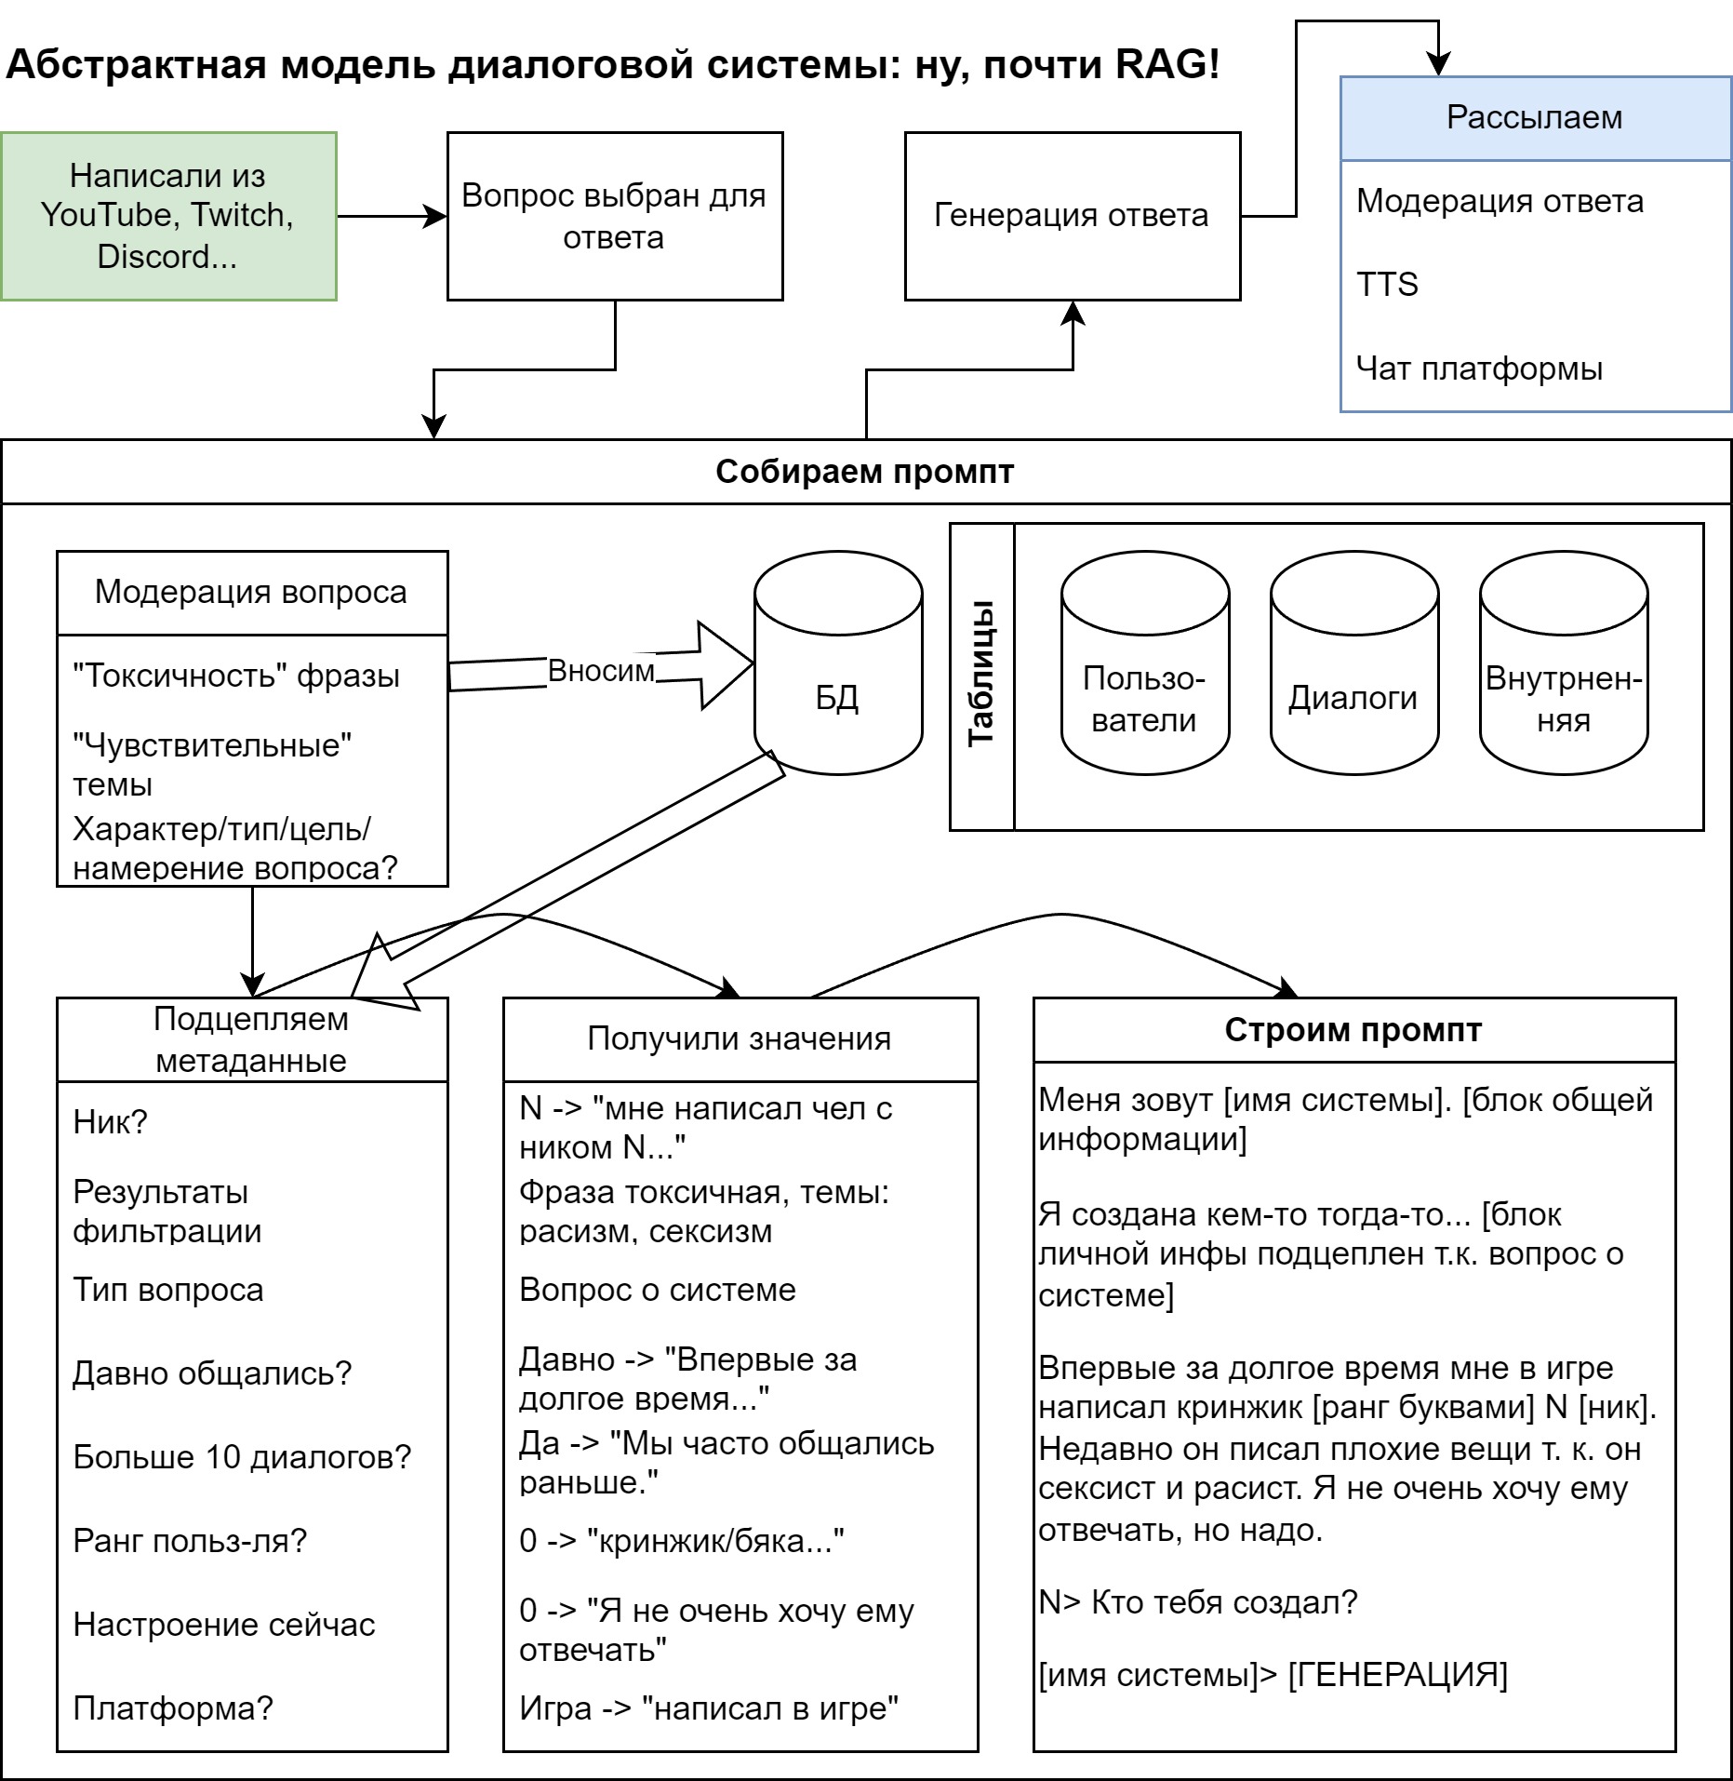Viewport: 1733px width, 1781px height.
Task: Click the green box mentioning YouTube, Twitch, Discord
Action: (168, 216)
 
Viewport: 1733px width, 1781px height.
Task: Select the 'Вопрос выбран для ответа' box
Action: (614, 216)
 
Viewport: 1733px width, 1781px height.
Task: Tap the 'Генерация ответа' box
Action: (1072, 216)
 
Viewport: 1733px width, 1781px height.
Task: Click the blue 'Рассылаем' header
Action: (1534, 118)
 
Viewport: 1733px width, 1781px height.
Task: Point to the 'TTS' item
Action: (1387, 284)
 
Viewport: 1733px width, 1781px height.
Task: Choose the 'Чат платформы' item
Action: (1479, 368)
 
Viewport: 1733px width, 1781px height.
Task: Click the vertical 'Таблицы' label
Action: (982, 674)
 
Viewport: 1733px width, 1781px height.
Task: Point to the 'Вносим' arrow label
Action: (601, 671)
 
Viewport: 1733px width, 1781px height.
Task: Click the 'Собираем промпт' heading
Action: (864, 472)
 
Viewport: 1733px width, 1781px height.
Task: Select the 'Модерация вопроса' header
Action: (251, 592)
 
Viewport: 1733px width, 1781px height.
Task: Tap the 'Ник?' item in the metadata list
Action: (111, 1122)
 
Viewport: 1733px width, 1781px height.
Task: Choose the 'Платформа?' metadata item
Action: (173, 1708)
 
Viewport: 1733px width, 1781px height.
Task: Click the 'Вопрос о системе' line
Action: (657, 1290)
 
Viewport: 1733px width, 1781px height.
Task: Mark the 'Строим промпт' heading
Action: (1353, 1030)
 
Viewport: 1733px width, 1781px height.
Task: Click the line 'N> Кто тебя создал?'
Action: (1198, 1602)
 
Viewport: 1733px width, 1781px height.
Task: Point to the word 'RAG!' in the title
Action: (1166, 65)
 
